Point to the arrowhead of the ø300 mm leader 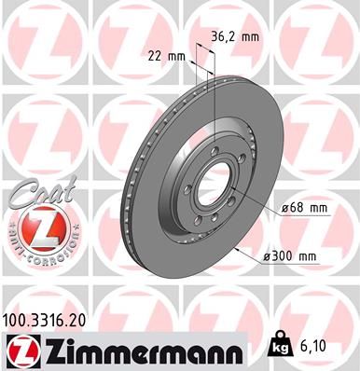coord(236,249)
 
